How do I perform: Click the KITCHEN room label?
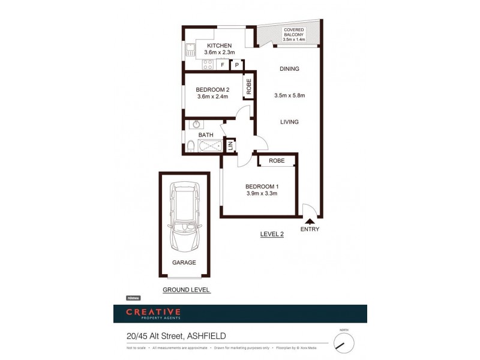coord(219,46)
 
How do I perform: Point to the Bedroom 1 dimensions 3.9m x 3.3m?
coord(262,193)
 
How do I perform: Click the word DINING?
coord(289,69)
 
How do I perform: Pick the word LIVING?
coord(289,122)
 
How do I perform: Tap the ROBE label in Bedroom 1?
coord(277,161)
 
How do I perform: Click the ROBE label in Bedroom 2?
coord(248,86)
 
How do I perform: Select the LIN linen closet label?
coord(229,145)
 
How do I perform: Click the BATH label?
coord(197,136)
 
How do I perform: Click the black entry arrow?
coord(310,221)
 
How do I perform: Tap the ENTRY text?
coord(310,229)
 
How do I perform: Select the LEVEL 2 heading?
coord(272,234)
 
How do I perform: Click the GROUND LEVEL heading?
coord(186,290)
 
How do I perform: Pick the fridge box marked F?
coord(223,64)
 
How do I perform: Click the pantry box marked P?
coord(238,64)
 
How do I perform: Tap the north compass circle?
coord(344,343)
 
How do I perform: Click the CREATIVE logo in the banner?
coord(153,312)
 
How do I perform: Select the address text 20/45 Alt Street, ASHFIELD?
coord(176,336)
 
